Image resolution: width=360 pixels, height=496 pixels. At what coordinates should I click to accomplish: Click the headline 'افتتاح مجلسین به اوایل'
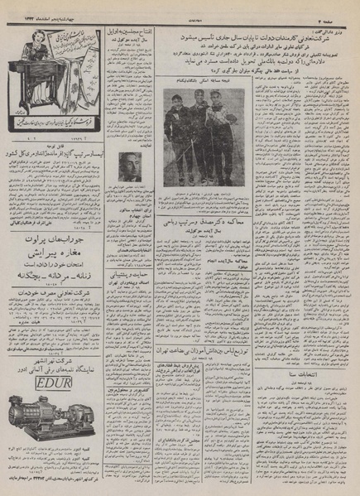pyautogui.click(x=132, y=32)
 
